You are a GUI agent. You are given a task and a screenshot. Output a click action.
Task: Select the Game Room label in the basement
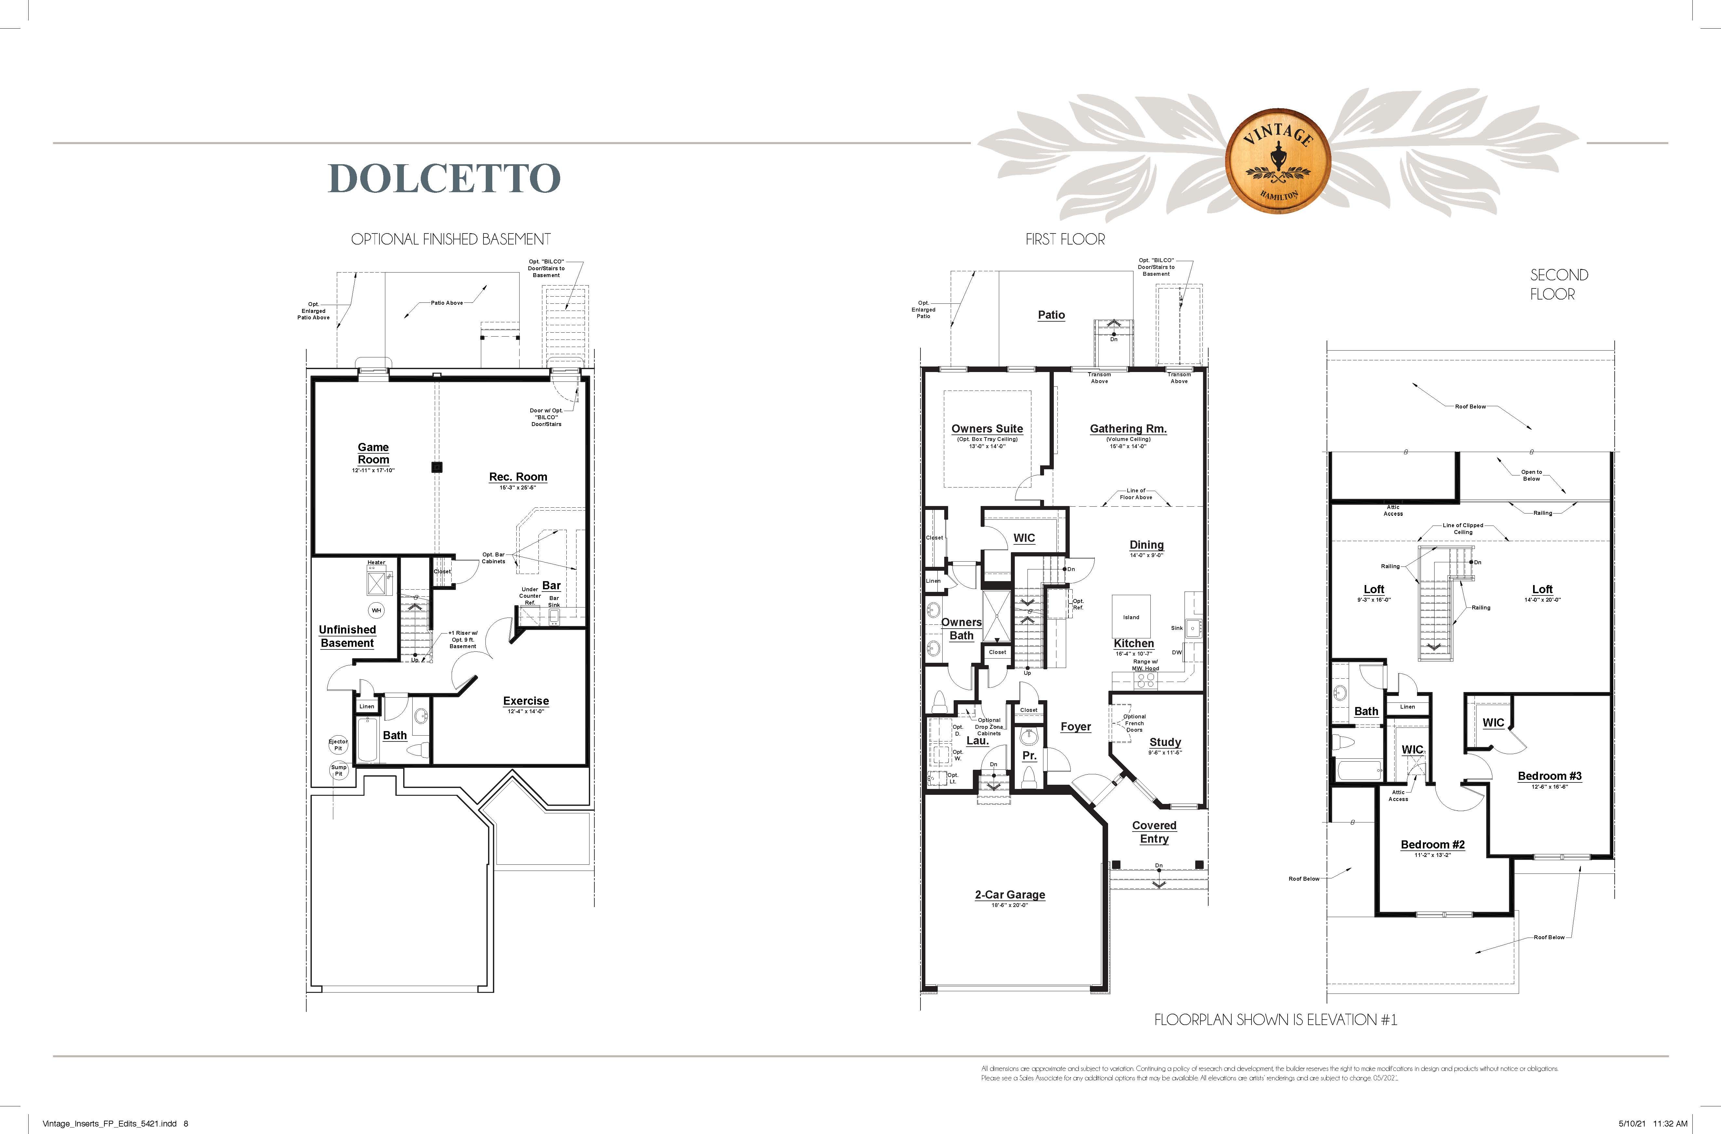tap(373, 453)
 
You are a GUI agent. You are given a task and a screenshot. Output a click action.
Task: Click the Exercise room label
tap(526, 701)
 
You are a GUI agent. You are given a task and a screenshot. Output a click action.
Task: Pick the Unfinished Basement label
tap(347, 636)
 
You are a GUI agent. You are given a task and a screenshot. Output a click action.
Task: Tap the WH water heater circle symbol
tap(376, 610)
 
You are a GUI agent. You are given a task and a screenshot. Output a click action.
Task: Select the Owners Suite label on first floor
tap(987, 429)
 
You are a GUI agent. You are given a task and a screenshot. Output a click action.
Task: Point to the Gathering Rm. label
tap(1128, 429)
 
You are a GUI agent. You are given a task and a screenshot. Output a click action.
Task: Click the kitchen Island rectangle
tap(1131, 616)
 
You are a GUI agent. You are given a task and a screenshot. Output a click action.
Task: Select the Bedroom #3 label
tap(1550, 776)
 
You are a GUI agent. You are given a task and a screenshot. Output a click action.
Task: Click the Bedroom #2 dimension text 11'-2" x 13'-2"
tap(1433, 855)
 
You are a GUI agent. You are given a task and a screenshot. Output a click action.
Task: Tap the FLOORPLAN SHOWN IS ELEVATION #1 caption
tap(1276, 1020)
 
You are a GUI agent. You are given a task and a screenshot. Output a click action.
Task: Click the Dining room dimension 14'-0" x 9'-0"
tap(1146, 555)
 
